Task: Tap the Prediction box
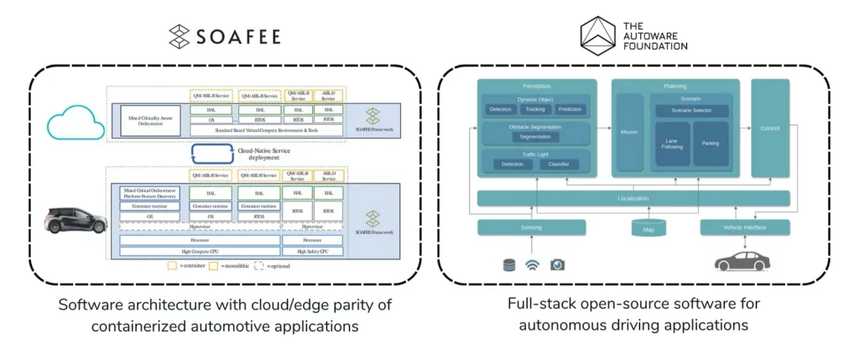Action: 570,110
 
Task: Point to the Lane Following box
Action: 672,143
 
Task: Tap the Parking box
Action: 711,143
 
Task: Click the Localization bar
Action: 633,198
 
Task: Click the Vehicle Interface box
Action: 745,227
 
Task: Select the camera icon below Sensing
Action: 557,264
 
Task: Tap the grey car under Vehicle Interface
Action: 742,261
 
